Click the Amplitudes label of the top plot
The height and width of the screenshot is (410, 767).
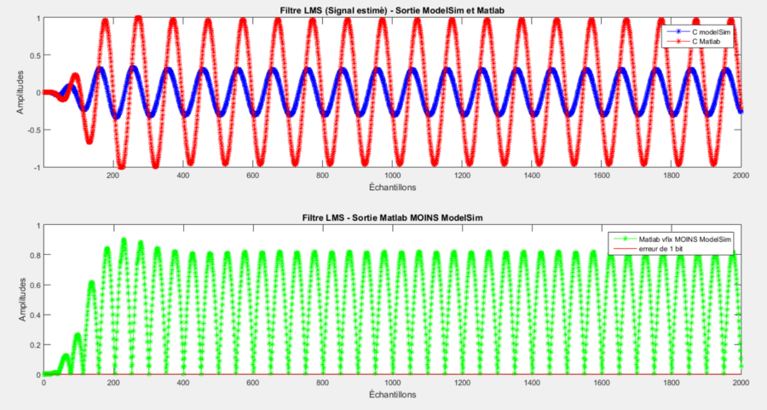tap(19, 92)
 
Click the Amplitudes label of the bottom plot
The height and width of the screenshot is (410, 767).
tap(19, 299)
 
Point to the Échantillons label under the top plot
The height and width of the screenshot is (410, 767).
tap(392, 188)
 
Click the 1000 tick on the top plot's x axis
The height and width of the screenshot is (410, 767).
tap(392, 175)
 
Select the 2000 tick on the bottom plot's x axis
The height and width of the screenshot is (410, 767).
tap(740, 383)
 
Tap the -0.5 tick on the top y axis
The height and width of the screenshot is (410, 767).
tap(34, 130)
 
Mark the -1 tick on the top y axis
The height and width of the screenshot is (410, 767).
tap(37, 167)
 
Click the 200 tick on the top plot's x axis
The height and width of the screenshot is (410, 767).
tap(112, 175)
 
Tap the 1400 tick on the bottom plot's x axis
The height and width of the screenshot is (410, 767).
tap(532, 383)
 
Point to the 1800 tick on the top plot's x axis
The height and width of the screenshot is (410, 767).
tap(672, 175)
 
